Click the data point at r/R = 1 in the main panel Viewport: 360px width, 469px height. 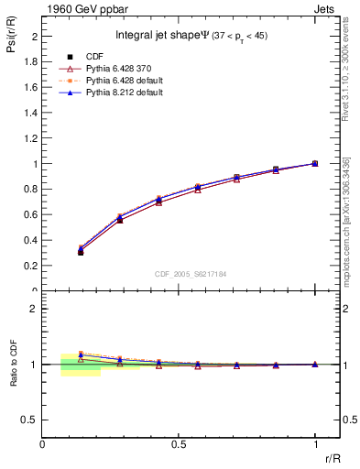click(x=314, y=164)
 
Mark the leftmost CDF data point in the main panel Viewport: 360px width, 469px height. click(x=81, y=252)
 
